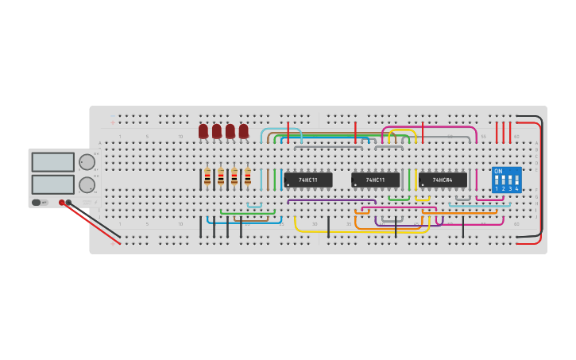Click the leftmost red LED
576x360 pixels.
pos(203,130)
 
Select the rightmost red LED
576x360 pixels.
pos(244,130)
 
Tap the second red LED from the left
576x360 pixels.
pos(217,130)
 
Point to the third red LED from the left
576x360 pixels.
pos(230,130)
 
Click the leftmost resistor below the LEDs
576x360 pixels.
pos(207,177)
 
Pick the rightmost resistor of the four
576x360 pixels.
pos(248,177)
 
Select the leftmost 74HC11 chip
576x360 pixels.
pos(308,180)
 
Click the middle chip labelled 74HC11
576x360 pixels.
pos(375,180)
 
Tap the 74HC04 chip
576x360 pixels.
pos(443,180)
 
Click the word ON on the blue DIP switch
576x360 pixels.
pos(498,171)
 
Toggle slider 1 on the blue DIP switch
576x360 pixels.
pos(497,181)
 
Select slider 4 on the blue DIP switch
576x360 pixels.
pos(516,181)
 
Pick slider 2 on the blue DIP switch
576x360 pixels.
pos(503,181)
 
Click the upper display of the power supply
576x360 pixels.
pos(53,162)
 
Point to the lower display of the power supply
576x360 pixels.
pos(53,184)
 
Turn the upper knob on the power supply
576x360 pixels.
pos(87,162)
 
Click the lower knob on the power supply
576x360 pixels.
pos(87,185)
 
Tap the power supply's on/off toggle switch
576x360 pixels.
pos(37,203)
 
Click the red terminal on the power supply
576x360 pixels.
pos(62,203)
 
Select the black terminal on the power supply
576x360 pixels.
pos(69,203)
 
